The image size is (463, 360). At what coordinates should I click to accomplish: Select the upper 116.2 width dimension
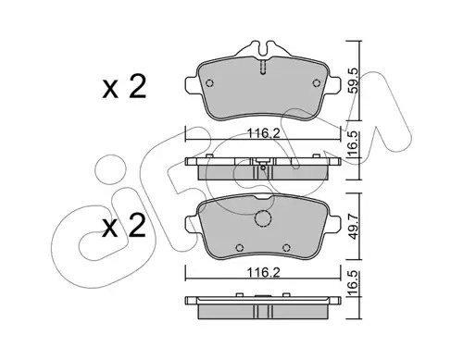pos(263,133)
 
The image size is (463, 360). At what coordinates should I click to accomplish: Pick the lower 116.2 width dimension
pos(263,272)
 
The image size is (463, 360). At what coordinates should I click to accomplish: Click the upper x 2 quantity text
pos(124,87)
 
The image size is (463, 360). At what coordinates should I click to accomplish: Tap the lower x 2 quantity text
pos(124,226)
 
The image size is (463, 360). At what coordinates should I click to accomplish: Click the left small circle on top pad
pos(209,83)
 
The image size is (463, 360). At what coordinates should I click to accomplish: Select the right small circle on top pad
pos(317,83)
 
